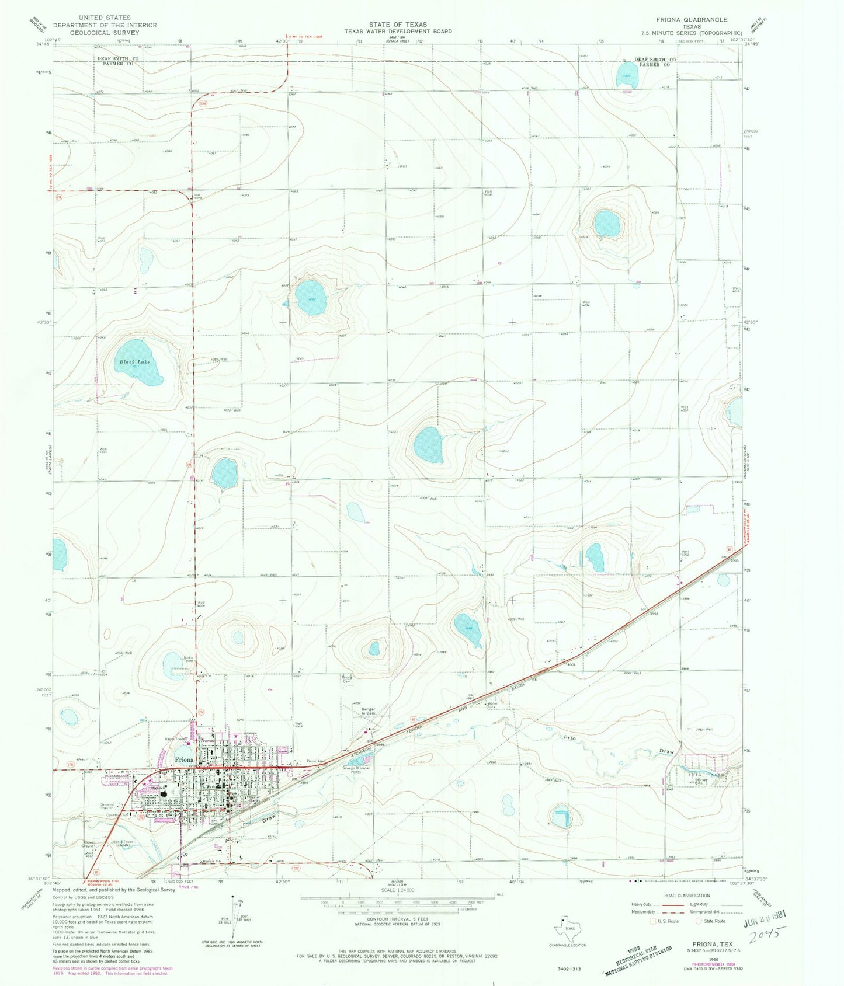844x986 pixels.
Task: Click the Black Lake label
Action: (x=135, y=362)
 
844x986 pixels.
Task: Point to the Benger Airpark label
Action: (x=368, y=711)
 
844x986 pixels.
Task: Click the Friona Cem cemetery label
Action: (x=347, y=679)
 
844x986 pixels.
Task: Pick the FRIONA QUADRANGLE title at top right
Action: (x=692, y=19)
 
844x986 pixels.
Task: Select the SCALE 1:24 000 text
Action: (x=398, y=890)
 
